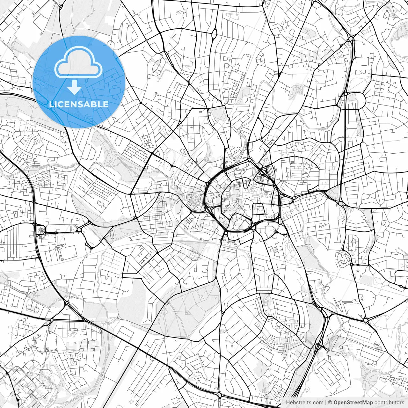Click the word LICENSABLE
pyautogui.click(x=79, y=104)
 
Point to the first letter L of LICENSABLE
pyautogui.click(x=51, y=104)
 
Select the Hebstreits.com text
pyautogui.click(x=304, y=403)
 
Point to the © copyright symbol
pyautogui.click(x=330, y=403)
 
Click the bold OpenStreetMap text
pyautogui.click(x=353, y=403)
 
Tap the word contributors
pyautogui.click(x=389, y=403)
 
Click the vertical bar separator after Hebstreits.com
pyautogui.click(x=326, y=403)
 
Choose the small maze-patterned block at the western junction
pyautogui.click(x=41, y=229)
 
